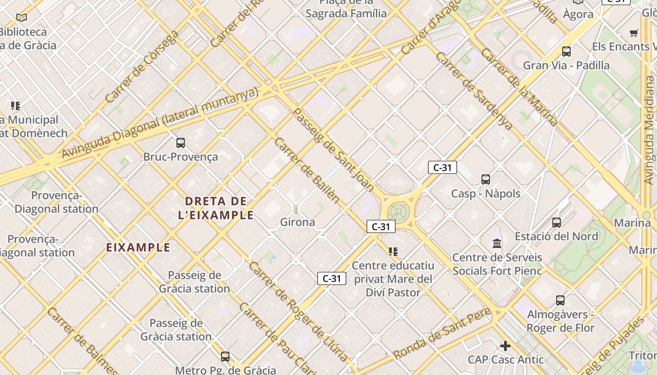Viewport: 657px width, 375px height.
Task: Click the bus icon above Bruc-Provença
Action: [x=181, y=143]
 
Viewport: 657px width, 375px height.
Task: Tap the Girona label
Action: [x=298, y=222]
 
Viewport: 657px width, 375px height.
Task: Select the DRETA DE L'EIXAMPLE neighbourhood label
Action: [x=216, y=208]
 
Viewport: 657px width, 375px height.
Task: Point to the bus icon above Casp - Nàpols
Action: [x=486, y=179]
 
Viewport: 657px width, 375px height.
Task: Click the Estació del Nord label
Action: [x=556, y=236]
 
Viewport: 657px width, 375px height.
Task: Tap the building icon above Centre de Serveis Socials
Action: [x=497, y=243]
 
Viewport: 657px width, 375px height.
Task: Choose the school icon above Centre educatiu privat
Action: [x=393, y=252]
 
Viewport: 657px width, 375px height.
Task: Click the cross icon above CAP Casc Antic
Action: [x=505, y=346]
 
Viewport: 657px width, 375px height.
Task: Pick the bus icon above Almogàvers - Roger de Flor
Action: [x=560, y=300]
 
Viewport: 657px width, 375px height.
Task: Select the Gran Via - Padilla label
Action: [x=566, y=65]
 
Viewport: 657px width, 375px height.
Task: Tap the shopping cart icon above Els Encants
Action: [x=634, y=33]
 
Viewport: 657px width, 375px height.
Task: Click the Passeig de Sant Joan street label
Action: [x=333, y=150]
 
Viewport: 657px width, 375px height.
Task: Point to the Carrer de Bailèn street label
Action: [x=307, y=170]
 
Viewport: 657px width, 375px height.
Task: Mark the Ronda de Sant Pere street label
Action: [x=443, y=333]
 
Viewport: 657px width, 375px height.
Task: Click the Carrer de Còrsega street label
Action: [x=142, y=67]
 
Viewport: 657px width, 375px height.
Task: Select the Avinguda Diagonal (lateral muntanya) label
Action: [x=160, y=123]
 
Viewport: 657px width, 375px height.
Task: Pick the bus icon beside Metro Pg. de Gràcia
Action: [x=225, y=357]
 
